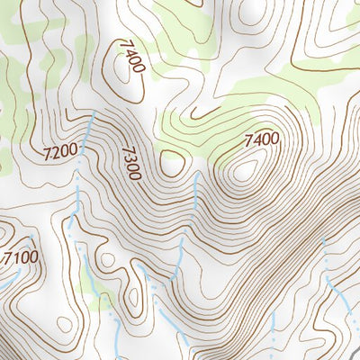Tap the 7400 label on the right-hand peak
pyautogui.click(x=261, y=140)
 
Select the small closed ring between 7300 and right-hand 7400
pyautogui.click(x=169, y=163)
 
